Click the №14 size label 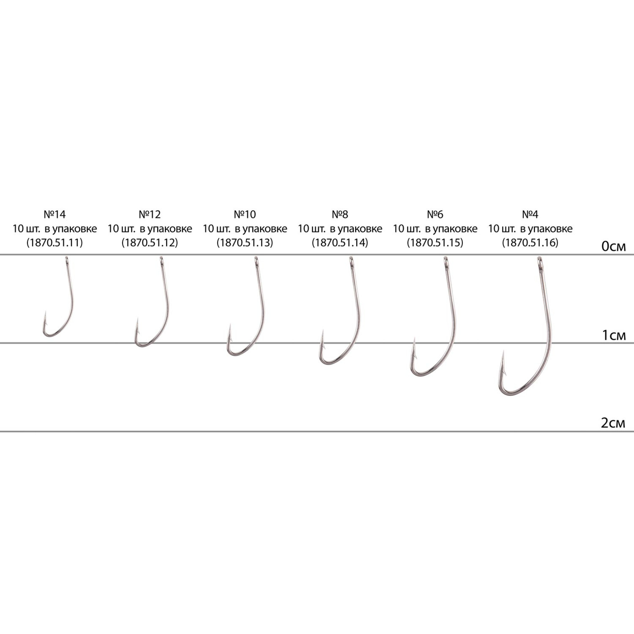click(x=55, y=215)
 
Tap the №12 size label click(x=150, y=215)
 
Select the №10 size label click(x=245, y=215)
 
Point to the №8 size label click(x=340, y=215)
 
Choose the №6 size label click(x=435, y=215)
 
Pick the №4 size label click(x=530, y=215)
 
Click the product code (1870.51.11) click(x=55, y=243)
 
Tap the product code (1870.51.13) click(x=245, y=243)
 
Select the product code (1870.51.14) click(x=340, y=243)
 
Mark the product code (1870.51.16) click(x=530, y=243)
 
